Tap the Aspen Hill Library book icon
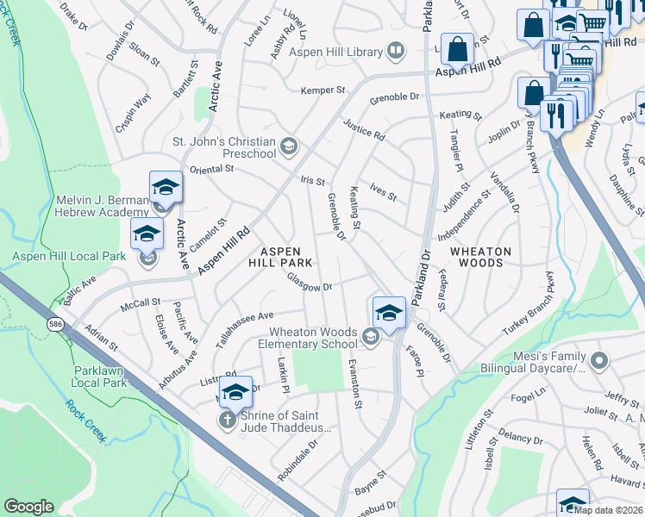396,52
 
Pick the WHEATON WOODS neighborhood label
480,257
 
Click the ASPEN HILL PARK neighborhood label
280,255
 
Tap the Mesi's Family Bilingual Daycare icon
600,359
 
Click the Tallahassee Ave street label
244,328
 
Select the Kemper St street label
322,90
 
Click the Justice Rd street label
364,130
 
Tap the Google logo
28,507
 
